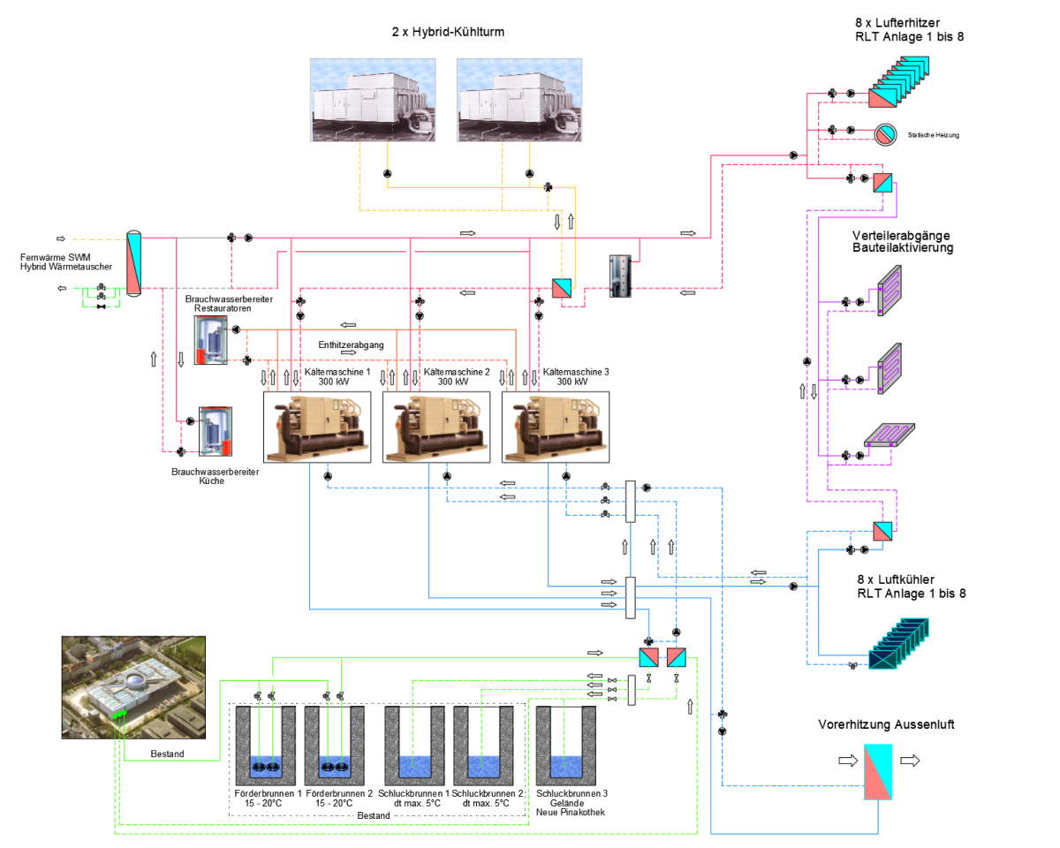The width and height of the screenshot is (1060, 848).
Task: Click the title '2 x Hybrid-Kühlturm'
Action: click(x=442, y=32)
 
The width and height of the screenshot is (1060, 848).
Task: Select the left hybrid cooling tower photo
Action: click(x=373, y=100)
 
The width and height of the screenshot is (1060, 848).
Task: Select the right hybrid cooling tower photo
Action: click(x=519, y=100)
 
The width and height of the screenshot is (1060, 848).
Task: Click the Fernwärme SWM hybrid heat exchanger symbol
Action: click(x=133, y=263)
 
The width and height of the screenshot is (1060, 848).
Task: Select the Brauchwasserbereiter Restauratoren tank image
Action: click(x=211, y=340)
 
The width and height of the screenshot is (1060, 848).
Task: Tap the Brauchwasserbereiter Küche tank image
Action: click(x=216, y=432)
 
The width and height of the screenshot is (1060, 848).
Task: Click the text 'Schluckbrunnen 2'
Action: click(x=486, y=793)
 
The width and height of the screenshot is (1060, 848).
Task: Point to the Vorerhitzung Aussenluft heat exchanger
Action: click(x=878, y=772)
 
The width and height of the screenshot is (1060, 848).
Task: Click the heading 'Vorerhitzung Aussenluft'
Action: click(x=885, y=724)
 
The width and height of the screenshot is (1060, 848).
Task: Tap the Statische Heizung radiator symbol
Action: click(x=884, y=134)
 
